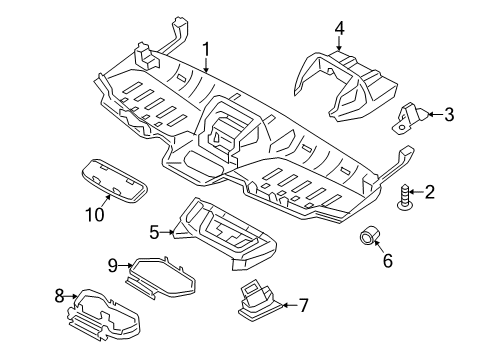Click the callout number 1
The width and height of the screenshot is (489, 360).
coord(207,49)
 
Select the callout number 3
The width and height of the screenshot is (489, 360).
coord(448,115)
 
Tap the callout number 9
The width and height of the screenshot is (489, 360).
coord(113,264)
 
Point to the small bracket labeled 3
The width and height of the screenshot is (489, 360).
coord(408,117)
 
